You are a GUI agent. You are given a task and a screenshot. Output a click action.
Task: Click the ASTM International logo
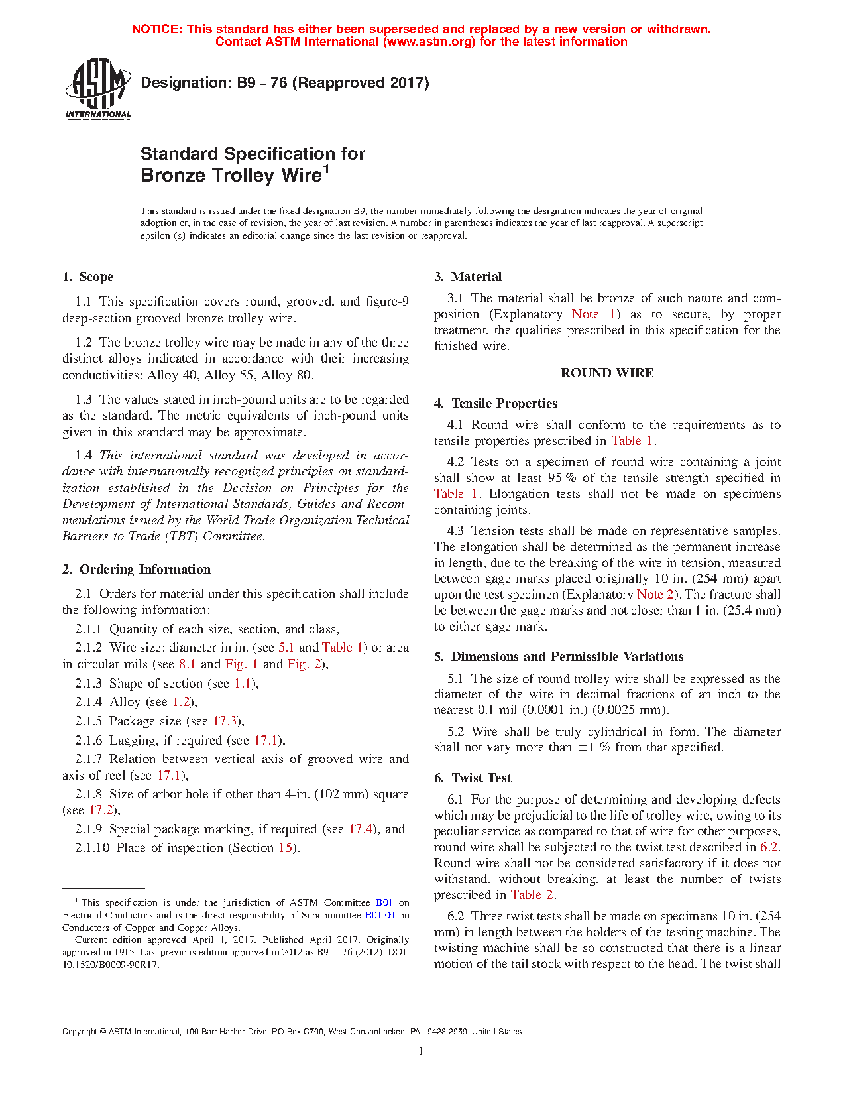click(x=97, y=88)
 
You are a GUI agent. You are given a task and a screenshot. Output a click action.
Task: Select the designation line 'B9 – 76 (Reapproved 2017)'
click(x=285, y=83)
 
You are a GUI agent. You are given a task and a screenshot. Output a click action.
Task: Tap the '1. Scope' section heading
click(x=87, y=277)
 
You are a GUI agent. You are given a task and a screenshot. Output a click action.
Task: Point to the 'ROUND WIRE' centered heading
click(x=607, y=373)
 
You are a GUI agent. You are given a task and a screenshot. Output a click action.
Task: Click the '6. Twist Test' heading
click(x=473, y=778)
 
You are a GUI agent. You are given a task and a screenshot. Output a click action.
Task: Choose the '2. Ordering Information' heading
click(x=137, y=569)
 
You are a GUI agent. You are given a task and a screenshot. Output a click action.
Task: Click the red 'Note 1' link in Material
click(x=594, y=314)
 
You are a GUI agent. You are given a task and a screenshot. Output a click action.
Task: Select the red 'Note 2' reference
click(x=655, y=595)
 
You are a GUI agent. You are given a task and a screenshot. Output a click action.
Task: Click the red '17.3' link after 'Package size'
click(x=225, y=721)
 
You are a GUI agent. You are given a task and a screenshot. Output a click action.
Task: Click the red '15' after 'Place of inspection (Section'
click(x=285, y=848)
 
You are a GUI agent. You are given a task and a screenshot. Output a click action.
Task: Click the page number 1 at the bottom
click(x=422, y=1051)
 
